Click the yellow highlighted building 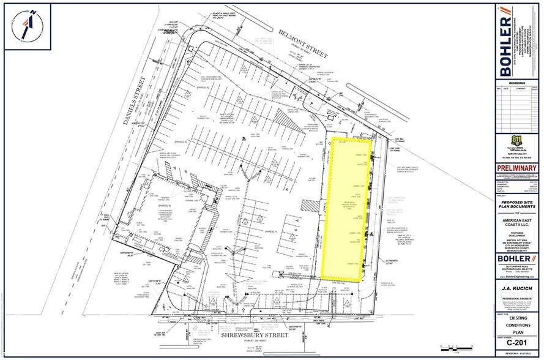tap(347, 208)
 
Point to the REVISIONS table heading tap(517, 81)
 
